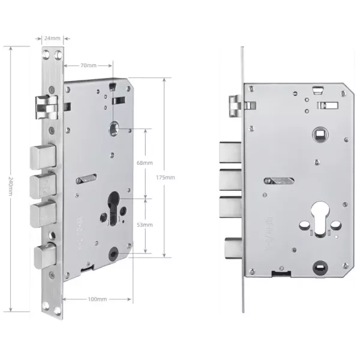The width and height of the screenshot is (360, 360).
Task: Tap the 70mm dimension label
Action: (88, 64)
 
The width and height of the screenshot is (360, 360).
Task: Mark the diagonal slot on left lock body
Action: (87, 178)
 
